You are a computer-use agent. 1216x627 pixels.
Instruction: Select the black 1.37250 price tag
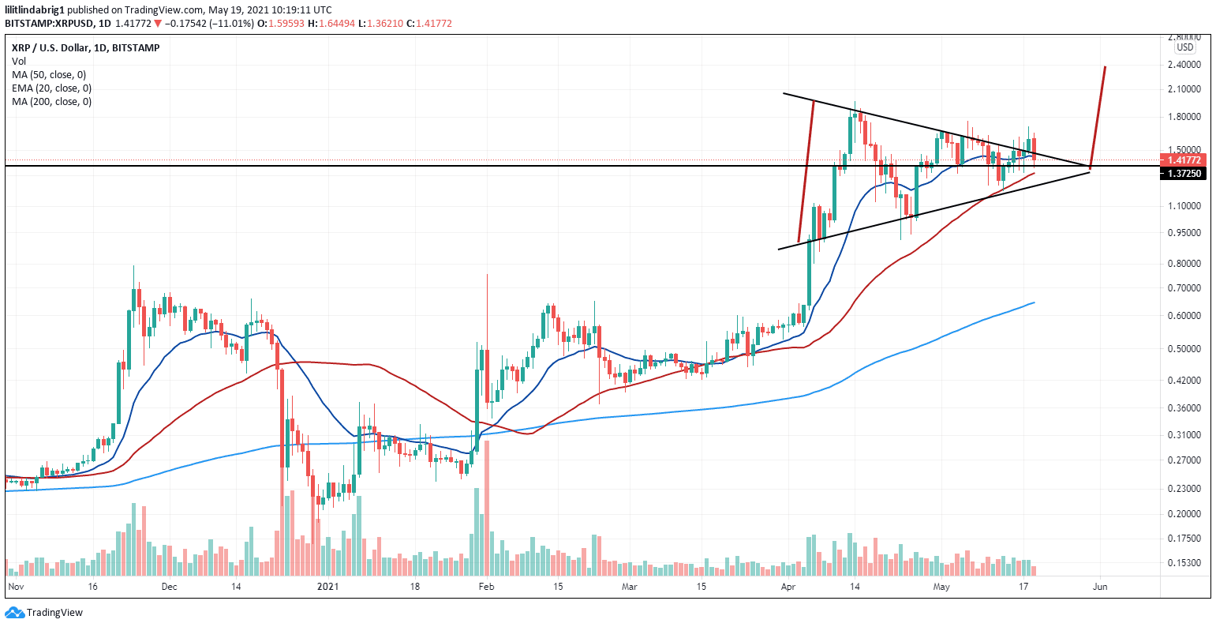(x=1184, y=173)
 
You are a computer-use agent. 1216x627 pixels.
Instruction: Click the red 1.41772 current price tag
(x=1184, y=160)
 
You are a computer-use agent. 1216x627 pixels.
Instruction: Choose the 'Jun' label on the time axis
(x=1101, y=587)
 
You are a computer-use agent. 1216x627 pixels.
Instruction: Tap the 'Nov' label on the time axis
(x=16, y=587)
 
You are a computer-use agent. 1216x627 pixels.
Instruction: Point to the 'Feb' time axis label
(x=486, y=587)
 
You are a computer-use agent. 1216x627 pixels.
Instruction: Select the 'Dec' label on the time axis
(x=169, y=587)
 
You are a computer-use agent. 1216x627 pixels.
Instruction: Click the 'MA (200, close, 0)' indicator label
(x=51, y=101)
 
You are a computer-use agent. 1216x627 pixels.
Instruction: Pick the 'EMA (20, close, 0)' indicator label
(x=51, y=88)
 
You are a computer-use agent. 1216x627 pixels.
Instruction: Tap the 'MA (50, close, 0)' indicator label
(x=49, y=74)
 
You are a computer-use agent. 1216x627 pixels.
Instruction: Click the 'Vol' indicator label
(x=19, y=61)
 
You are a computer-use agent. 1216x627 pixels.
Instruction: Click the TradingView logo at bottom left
(x=44, y=612)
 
